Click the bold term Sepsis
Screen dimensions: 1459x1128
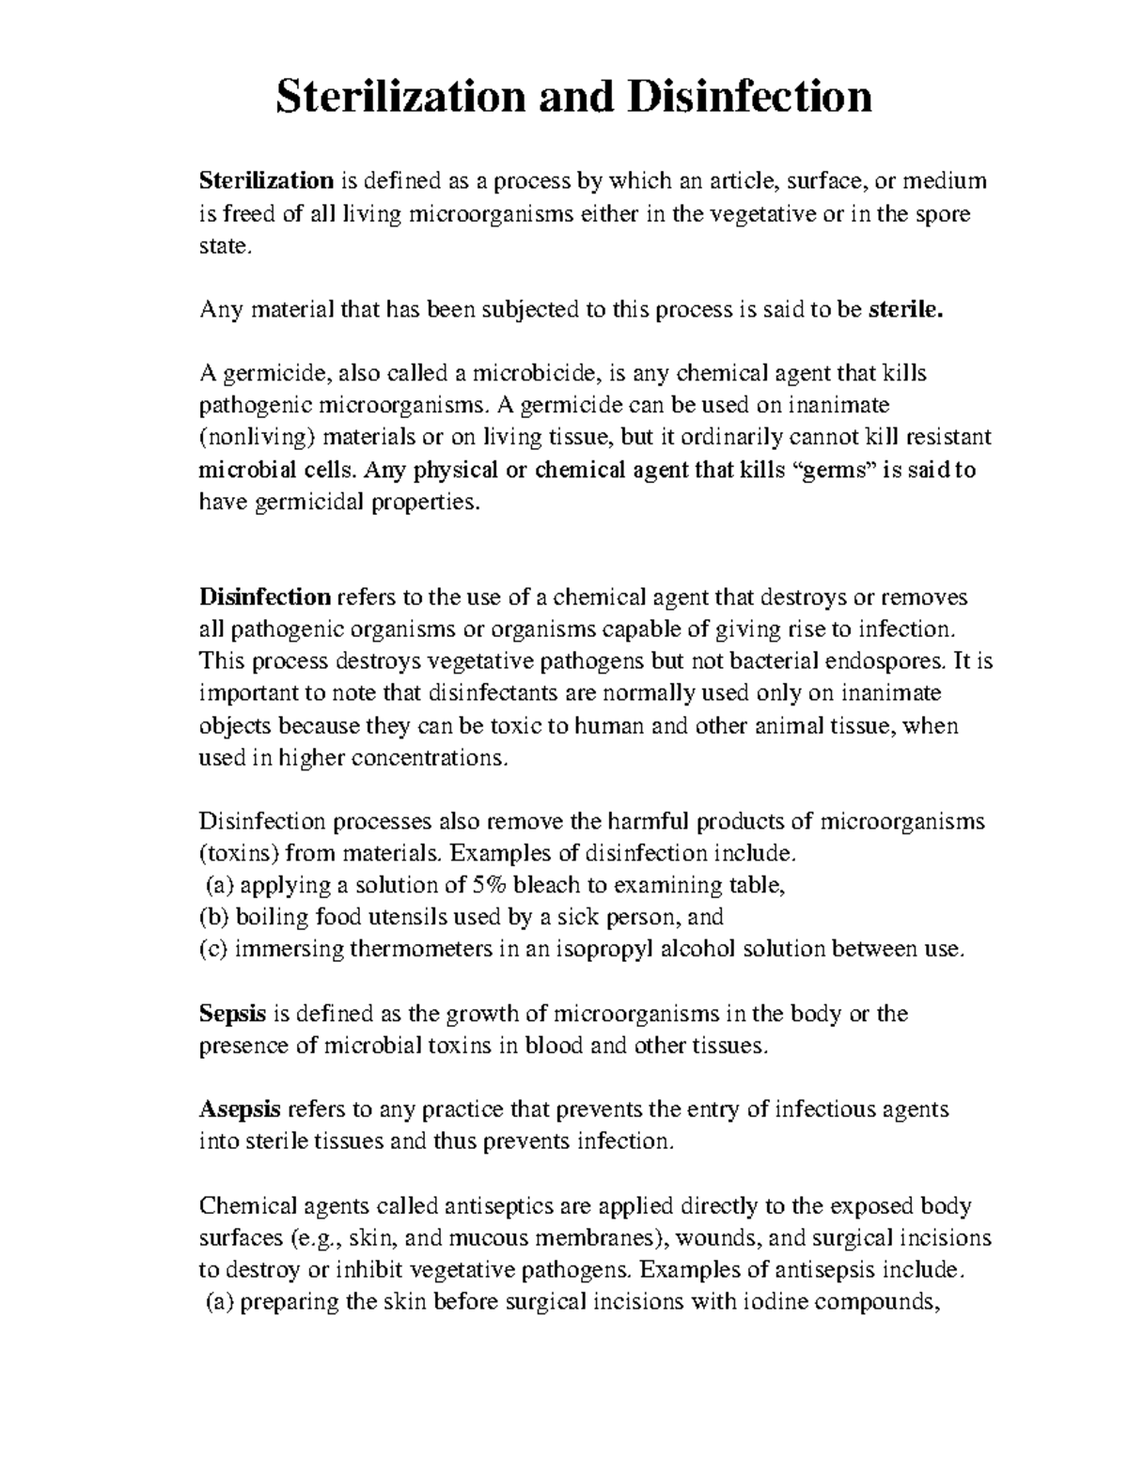pos(233,1014)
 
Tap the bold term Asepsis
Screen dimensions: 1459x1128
pos(240,1110)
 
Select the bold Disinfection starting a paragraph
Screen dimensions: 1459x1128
pos(265,598)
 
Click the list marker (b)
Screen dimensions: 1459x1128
pos(214,917)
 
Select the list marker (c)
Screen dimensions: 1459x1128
pos(214,949)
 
